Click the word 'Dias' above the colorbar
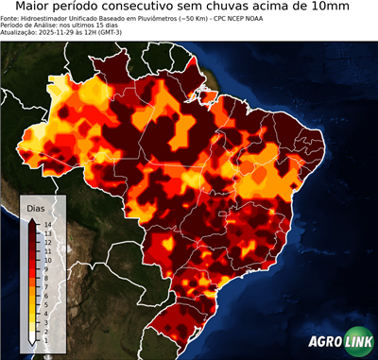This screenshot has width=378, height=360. click(x=35, y=207)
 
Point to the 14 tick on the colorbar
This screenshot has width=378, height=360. click(x=46, y=225)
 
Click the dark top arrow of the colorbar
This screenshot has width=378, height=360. click(x=32, y=219)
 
